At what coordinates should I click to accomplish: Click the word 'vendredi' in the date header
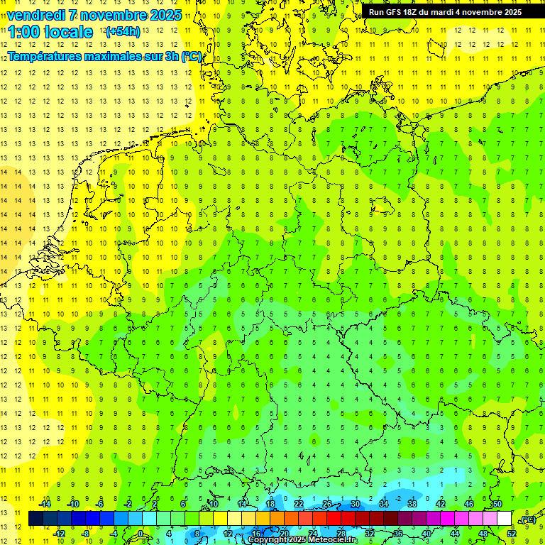[x=36, y=15]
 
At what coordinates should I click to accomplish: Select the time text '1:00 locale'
[x=50, y=32]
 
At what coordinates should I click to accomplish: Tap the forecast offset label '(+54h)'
[x=123, y=32]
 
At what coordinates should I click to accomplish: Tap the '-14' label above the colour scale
[x=44, y=504]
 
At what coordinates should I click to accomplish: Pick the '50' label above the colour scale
[x=497, y=504]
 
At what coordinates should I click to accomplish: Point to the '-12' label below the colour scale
[x=59, y=534]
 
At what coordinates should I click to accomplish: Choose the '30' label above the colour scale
[x=355, y=504]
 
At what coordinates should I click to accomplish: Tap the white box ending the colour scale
[x=504, y=519]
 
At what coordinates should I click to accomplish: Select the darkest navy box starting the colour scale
[x=35, y=519]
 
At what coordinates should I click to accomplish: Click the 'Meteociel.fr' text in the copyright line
[x=333, y=540]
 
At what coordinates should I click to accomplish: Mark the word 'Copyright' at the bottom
[x=269, y=540]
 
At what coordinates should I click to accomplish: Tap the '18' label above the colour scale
[x=270, y=504]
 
